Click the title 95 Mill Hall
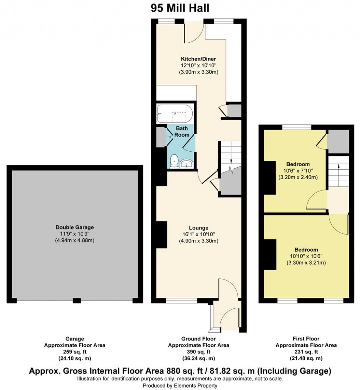180,8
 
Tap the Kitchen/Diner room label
198,59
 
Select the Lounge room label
199,228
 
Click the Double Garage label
75,227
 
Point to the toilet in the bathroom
174,161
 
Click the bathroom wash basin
187,164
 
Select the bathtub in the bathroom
175,114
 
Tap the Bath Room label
182,132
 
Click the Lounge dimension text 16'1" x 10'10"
199,234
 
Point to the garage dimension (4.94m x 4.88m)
75,240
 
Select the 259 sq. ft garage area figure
75,352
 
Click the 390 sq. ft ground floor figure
199,352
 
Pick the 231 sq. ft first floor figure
306,352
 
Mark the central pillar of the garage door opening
77,301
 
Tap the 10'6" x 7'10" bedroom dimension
298,171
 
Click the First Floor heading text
306,339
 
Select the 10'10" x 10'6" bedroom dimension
306,256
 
